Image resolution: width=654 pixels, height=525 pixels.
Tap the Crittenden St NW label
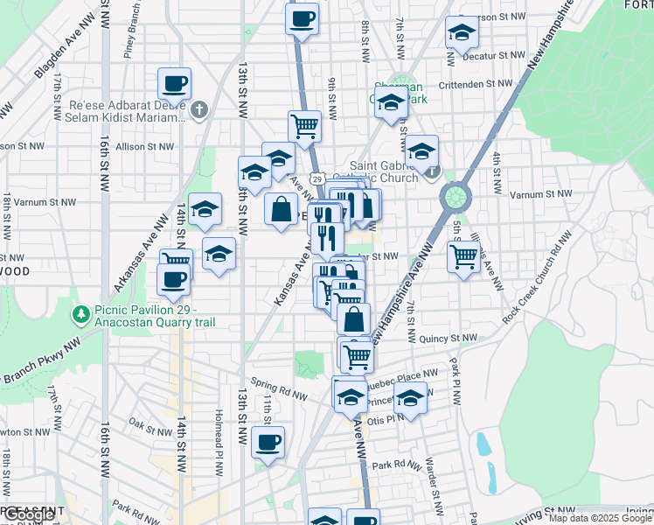(x=475, y=84)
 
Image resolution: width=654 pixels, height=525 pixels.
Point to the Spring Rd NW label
(x=278, y=388)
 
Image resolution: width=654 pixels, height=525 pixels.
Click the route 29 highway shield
(x=321, y=178)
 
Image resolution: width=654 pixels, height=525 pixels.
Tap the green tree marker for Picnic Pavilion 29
(x=81, y=312)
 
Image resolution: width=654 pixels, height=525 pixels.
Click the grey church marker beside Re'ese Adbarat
(x=199, y=109)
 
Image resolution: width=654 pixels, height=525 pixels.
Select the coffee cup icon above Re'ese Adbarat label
(x=174, y=85)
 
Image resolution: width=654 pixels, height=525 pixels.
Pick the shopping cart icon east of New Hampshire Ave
(x=463, y=256)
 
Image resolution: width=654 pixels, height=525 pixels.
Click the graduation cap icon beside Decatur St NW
(x=462, y=32)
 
